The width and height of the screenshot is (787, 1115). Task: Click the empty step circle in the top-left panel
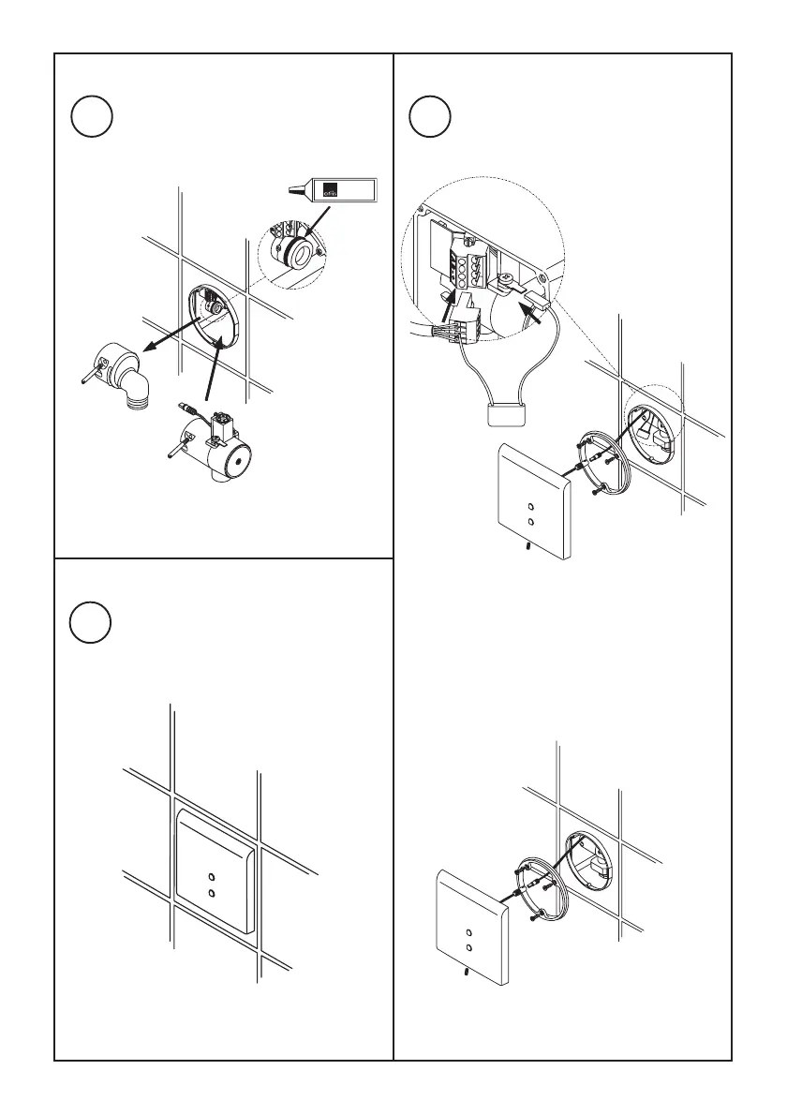(92, 117)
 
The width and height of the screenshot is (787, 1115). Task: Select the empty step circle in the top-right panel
(431, 117)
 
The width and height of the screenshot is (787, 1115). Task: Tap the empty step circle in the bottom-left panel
(92, 623)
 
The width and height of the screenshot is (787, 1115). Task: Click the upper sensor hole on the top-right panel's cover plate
(530, 499)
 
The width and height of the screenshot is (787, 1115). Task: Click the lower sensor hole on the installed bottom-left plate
(213, 895)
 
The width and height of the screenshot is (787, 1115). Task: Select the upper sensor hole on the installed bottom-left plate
(213, 877)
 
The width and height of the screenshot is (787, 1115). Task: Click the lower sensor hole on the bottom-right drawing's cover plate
(468, 949)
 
